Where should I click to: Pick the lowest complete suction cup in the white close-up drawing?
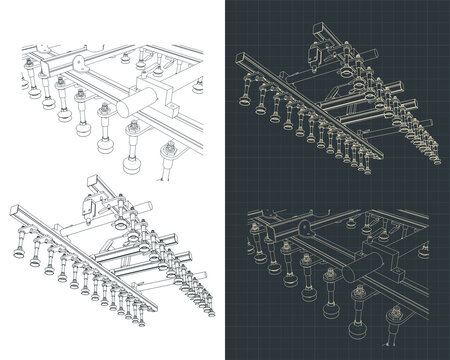(126, 166)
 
